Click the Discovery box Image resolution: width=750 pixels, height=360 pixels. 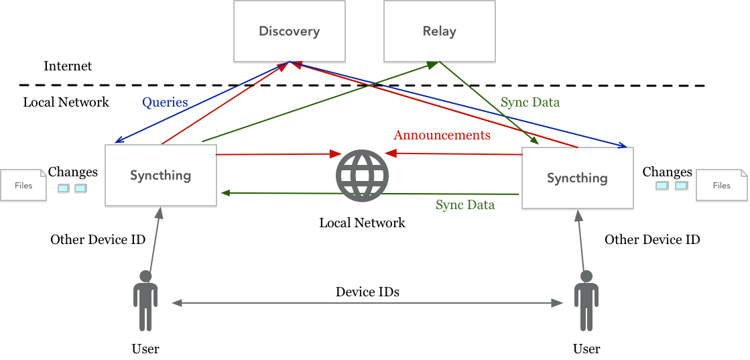pos(289,32)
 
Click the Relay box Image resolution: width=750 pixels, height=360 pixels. pos(439,32)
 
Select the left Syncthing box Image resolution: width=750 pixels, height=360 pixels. pos(161,176)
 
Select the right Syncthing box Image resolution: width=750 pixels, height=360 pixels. pos(577,178)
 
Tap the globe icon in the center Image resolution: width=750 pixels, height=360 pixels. pos(362,176)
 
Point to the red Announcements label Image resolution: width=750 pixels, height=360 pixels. pos(442,135)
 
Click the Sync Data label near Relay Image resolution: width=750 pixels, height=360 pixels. pos(529,103)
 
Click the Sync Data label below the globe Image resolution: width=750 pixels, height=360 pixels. pos(465,205)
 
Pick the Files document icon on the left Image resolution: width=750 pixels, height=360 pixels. pos(23,185)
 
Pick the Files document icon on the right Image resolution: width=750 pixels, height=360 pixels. pos(721,185)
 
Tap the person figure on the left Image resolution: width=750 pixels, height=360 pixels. pos(145,300)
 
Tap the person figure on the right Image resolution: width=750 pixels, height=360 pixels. pos(586,300)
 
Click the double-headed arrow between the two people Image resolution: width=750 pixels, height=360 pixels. pos(367,304)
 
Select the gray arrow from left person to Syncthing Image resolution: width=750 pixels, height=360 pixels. pos(155,241)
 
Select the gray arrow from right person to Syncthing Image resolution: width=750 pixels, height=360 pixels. pos(581,241)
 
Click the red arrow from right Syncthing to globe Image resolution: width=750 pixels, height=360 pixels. pos(456,154)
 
